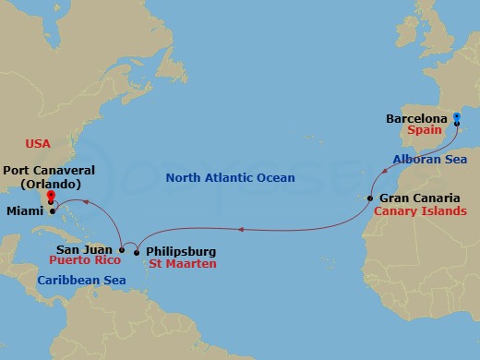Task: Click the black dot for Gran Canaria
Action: pos(370,198)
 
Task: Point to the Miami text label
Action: pos(22,211)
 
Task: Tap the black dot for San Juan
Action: pos(122,249)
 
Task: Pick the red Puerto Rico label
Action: pos(79,261)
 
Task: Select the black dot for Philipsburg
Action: pos(137,251)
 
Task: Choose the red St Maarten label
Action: pos(183,264)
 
